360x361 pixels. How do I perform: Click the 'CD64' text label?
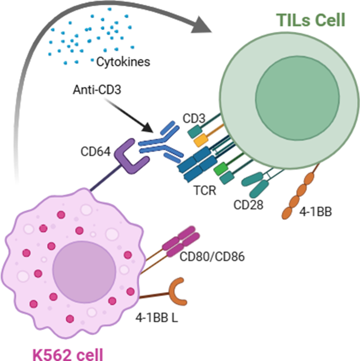click(x=95, y=153)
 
